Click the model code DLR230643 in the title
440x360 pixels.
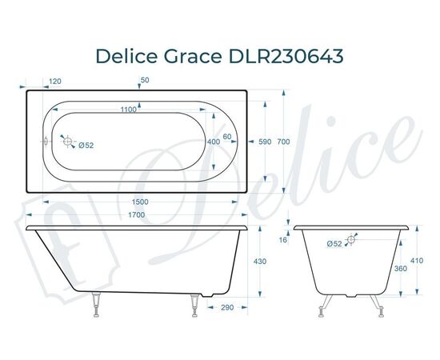click(x=290, y=56)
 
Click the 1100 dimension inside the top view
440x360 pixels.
click(x=121, y=110)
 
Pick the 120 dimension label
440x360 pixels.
click(x=55, y=82)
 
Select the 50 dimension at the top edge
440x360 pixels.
click(x=144, y=81)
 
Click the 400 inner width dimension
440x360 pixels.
click(x=213, y=142)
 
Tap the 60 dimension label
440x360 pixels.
click(x=228, y=137)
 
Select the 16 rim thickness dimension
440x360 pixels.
click(x=283, y=240)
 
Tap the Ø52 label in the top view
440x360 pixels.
click(x=86, y=145)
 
